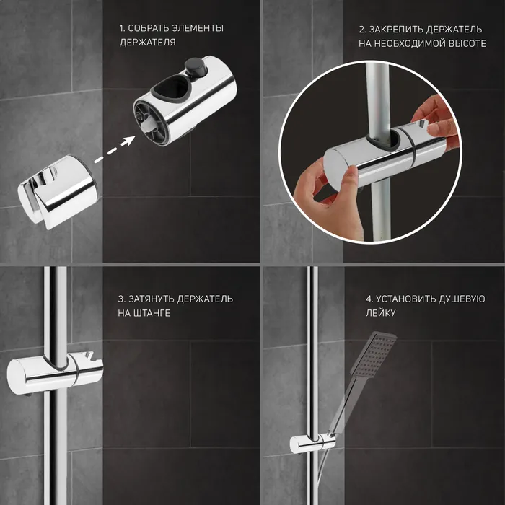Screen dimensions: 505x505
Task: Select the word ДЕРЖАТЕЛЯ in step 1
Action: point(147,42)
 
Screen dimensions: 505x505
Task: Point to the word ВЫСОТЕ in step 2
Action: point(466,43)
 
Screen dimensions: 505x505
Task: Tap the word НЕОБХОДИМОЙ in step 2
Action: point(407,43)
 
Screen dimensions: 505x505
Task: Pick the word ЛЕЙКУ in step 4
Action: point(380,313)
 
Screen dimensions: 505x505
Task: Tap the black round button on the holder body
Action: point(195,66)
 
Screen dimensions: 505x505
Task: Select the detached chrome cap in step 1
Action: point(58,192)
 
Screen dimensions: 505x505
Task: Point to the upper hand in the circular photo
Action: point(436,123)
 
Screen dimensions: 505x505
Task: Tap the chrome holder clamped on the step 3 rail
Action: point(55,373)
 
